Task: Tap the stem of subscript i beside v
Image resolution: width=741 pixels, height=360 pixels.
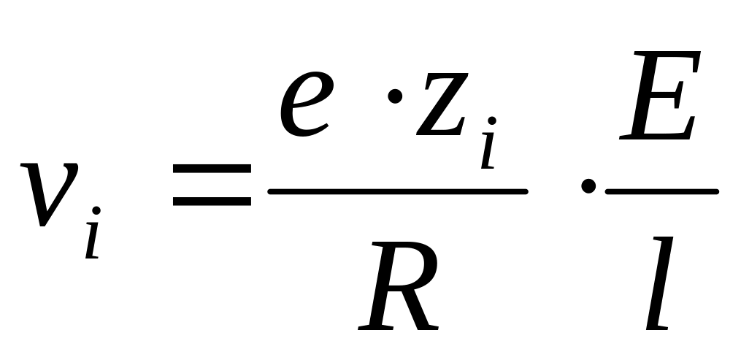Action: [92, 240]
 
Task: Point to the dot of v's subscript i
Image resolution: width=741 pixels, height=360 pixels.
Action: [96, 210]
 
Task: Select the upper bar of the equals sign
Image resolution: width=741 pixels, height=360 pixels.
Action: [212, 169]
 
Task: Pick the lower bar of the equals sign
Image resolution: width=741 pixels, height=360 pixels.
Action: [212, 202]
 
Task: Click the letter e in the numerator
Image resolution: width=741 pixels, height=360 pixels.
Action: [306, 104]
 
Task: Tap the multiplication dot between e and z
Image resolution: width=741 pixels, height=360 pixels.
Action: [395, 96]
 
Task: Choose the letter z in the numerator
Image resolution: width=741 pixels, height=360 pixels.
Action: [442, 104]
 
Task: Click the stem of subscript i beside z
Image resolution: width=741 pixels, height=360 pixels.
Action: [488, 150]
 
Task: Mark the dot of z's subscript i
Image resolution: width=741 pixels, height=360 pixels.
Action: [492, 120]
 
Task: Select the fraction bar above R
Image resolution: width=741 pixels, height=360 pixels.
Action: [398, 191]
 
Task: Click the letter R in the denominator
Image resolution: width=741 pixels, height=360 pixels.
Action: [398, 286]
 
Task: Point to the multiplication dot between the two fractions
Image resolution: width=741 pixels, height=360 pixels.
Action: [588, 185]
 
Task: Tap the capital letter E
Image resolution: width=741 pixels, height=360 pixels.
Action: [660, 95]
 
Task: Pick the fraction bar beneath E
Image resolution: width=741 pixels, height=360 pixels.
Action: [662, 191]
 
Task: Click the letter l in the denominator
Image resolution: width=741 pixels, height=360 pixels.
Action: [659, 283]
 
